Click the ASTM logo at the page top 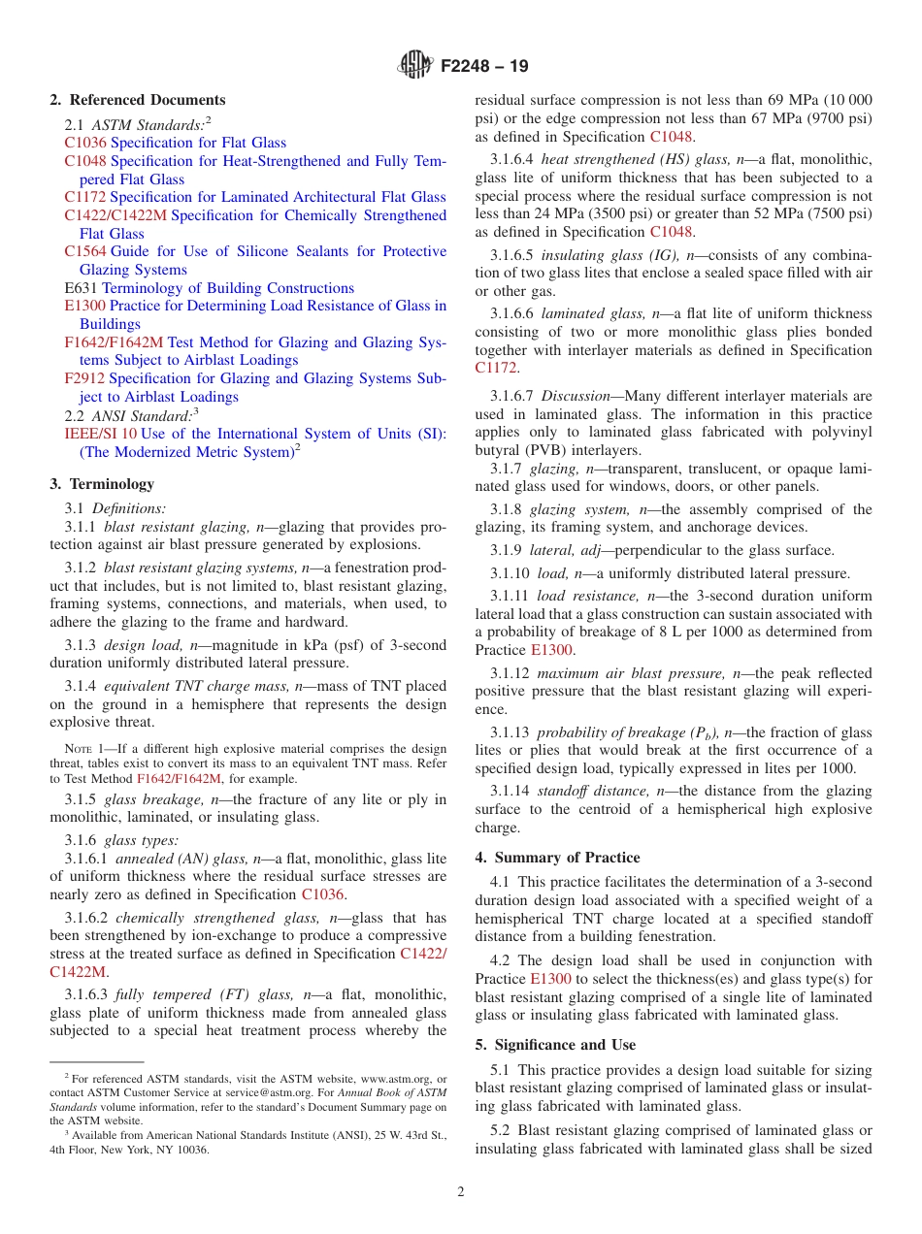(x=416, y=66)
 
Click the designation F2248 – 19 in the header (x=484, y=67)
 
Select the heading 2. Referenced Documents (x=138, y=100)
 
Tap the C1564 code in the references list (x=85, y=251)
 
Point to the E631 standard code (x=81, y=288)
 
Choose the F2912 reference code (x=85, y=378)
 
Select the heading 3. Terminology (x=102, y=484)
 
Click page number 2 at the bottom (x=461, y=1192)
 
